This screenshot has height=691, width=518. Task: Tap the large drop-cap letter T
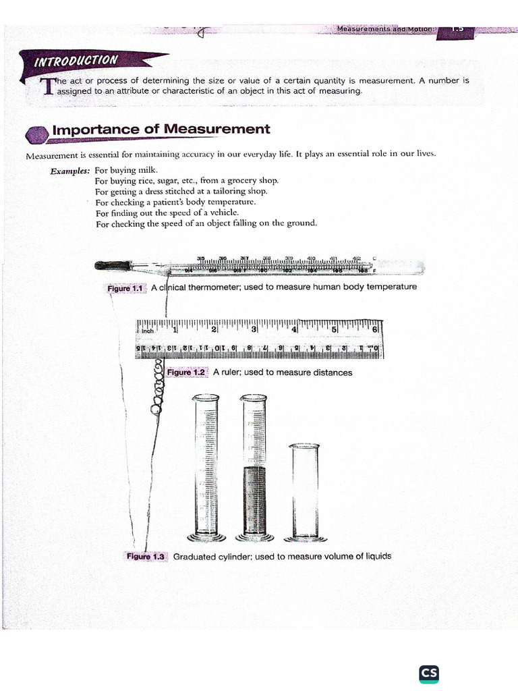[x=47, y=87]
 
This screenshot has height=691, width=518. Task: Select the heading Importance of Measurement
[x=161, y=129]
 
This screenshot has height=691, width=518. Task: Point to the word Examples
[x=69, y=171]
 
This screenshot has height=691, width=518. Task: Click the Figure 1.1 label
[x=125, y=288]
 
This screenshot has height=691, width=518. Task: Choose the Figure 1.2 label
[x=185, y=372]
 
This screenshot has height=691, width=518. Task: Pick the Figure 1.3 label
[x=146, y=557]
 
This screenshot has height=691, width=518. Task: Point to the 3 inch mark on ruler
[x=254, y=330]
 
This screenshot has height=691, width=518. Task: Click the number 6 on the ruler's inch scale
[x=375, y=330]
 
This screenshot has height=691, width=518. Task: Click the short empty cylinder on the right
[x=304, y=489]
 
